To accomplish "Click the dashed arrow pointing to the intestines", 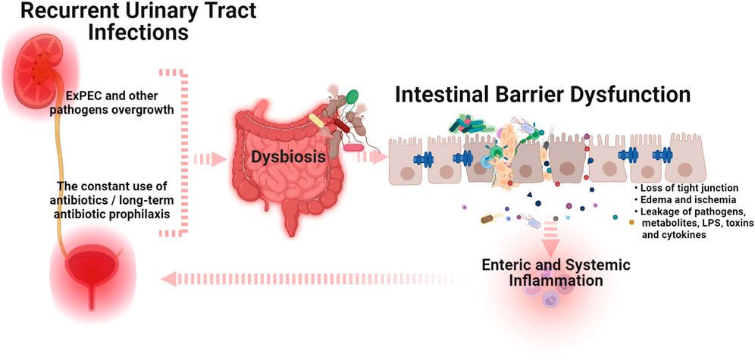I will point(208,158).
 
